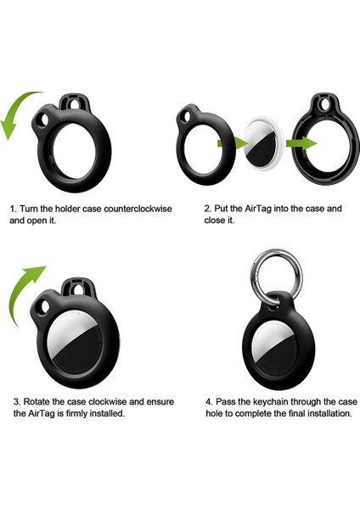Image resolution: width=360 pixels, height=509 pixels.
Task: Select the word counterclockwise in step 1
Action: tap(119, 208)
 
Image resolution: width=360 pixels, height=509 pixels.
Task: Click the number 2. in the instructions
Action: tap(208, 208)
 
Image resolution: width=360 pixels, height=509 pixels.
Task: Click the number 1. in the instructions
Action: tap(13, 208)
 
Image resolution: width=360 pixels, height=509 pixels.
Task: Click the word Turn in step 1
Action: tap(31, 208)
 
